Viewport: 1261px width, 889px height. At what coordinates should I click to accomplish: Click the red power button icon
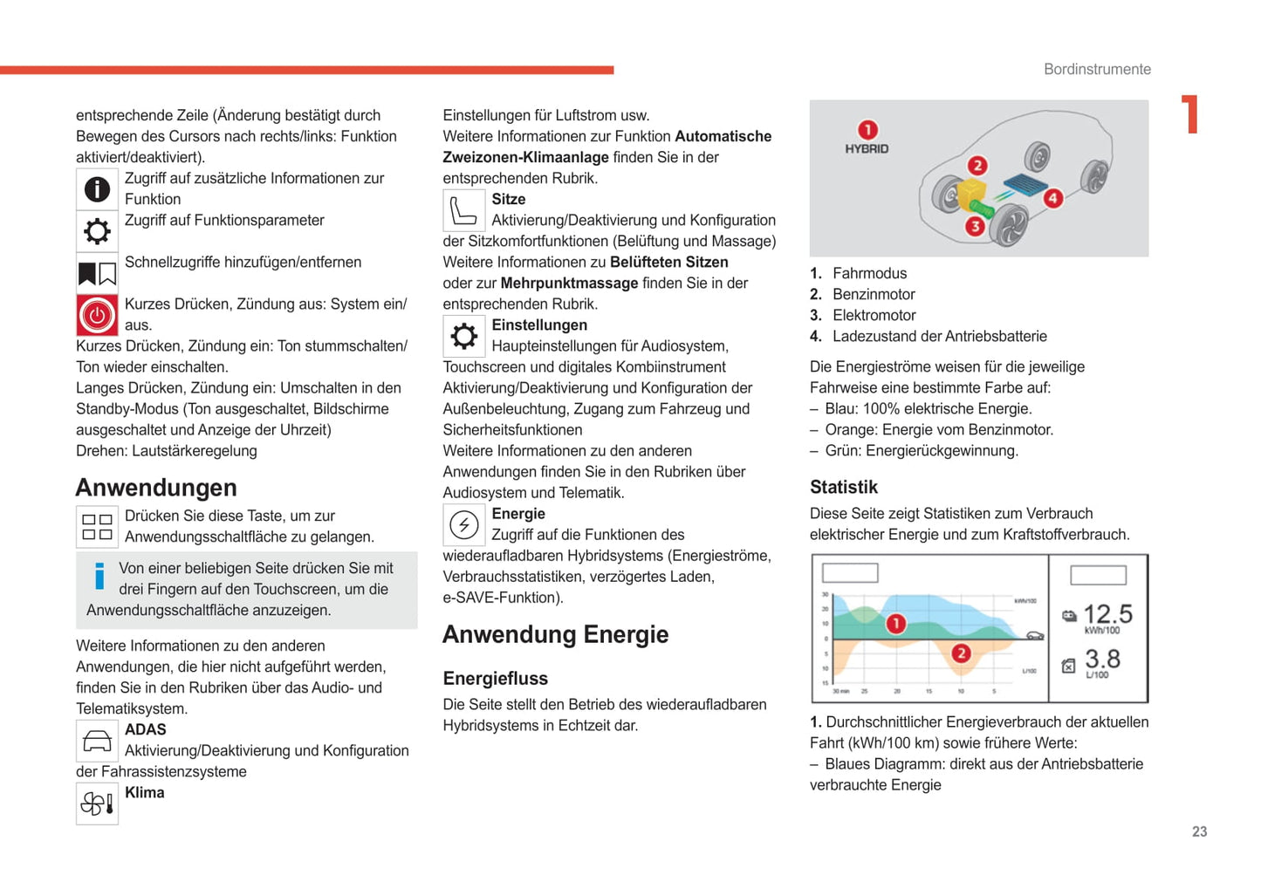pyautogui.click(x=97, y=315)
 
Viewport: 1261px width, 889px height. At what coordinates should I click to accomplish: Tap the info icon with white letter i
pyautogui.click(x=97, y=189)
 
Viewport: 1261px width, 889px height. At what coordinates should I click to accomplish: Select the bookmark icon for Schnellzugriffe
pyautogui.click(x=97, y=274)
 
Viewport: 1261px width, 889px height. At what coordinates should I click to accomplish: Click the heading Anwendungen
pyautogui.click(x=156, y=487)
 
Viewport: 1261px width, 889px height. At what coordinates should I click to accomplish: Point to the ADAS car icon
pyautogui.click(x=97, y=742)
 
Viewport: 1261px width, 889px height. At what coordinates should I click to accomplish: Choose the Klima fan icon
pyautogui.click(x=97, y=804)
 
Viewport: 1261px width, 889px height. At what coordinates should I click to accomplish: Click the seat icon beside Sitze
pyautogui.click(x=463, y=211)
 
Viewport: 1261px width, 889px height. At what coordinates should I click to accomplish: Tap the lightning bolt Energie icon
pyautogui.click(x=463, y=525)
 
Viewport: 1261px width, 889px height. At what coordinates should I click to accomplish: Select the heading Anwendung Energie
pyautogui.click(x=555, y=634)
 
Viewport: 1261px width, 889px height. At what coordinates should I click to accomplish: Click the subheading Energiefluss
pyautogui.click(x=495, y=678)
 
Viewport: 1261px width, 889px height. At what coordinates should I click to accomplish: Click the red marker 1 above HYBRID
pyautogui.click(x=867, y=130)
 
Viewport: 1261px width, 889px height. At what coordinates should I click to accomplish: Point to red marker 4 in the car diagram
pyautogui.click(x=1052, y=198)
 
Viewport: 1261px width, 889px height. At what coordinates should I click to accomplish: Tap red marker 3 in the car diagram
pyautogui.click(x=974, y=227)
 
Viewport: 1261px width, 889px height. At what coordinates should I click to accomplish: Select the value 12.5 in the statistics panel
pyautogui.click(x=1107, y=614)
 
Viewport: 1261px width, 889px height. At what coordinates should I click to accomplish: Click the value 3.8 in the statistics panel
pyautogui.click(x=1102, y=659)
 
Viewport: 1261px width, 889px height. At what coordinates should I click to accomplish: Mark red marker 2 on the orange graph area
pyautogui.click(x=961, y=653)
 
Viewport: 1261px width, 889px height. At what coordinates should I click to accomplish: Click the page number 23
pyautogui.click(x=1199, y=831)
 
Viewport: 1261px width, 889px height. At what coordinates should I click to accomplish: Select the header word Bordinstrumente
pyautogui.click(x=1097, y=69)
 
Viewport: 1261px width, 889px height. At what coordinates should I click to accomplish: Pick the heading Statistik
pyautogui.click(x=843, y=487)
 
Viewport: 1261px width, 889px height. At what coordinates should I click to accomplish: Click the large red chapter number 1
pyautogui.click(x=1190, y=114)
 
